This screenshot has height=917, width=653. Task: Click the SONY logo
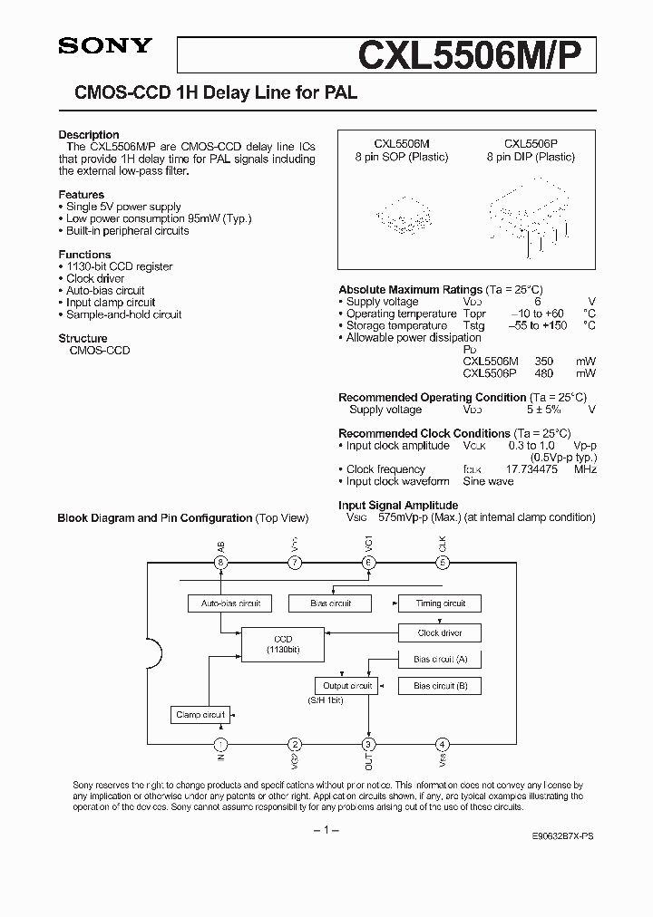click(x=104, y=45)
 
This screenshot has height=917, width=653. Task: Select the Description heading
click(x=89, y=135)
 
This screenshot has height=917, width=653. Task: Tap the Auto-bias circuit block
click(x=224, y=603)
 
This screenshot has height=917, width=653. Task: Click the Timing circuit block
click(x=440, y=603)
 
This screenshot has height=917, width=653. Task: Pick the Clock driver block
click(x=440, y=632)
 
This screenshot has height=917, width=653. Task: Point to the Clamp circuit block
click(x=200, y=715)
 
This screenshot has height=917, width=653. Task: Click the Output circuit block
click(x=347, y=686)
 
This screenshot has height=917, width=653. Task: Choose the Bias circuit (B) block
click(x=440, y=686)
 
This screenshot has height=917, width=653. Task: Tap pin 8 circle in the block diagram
click(x=219, y=563)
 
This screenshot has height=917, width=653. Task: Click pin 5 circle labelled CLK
click(x=442, y=563)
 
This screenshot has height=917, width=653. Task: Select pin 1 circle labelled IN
click(x=219, y=744)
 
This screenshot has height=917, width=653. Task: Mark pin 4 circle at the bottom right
click(x=442, y=744)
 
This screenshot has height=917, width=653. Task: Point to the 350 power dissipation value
click(x=537, y=361)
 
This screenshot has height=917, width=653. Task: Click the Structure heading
click(x=83, y=339)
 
